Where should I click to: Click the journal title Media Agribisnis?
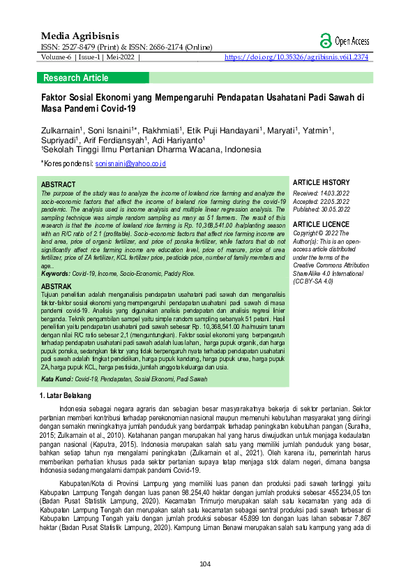click(80, 35)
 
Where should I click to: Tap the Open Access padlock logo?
click(325, 41)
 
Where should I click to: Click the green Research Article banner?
click(75, 78)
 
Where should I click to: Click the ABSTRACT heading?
click(59, 184)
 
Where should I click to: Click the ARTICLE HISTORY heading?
click(322, 182)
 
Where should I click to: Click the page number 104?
click(204, 564)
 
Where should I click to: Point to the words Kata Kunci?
click(56, 379)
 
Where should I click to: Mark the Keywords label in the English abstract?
click(55, 273)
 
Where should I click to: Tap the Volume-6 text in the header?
click(52, 57)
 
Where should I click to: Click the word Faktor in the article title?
click(56, 98)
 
